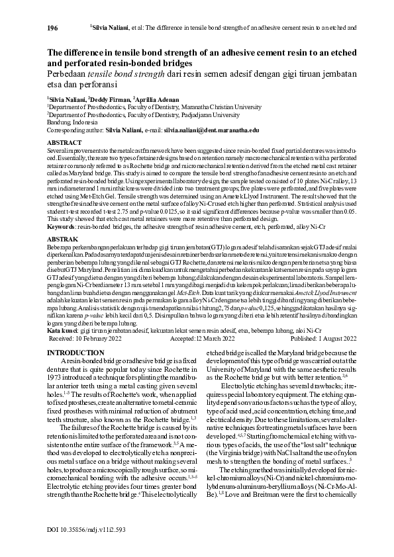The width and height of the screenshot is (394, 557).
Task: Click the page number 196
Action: coord(53,28)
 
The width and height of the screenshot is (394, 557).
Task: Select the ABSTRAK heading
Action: coord(63,239)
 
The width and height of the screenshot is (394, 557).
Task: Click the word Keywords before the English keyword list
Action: coord(61,226)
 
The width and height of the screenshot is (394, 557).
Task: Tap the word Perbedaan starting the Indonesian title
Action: coord(69,74)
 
